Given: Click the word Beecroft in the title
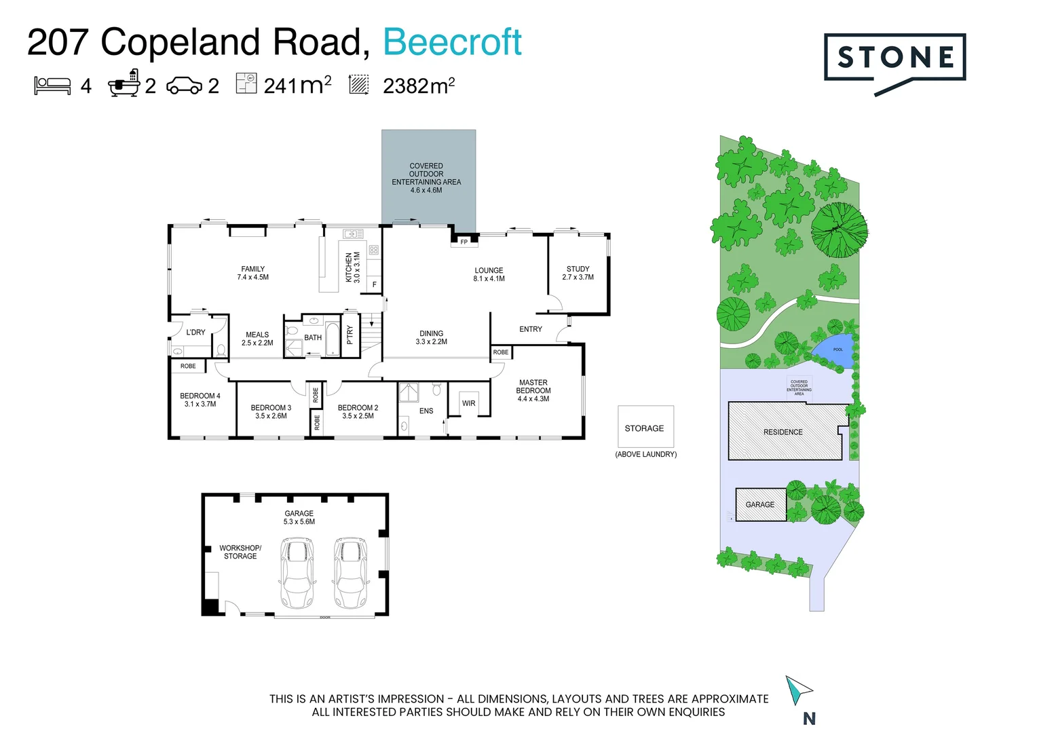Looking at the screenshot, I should [x=452, y=42].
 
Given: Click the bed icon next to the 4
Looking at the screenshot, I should [x=52, y=86].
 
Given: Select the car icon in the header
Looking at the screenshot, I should [x=184, y=86].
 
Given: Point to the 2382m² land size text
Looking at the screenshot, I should [x=418, y=86].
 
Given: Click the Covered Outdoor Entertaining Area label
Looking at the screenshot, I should [x=426, y=178].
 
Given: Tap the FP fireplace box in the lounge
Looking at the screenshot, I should [x=464, y=242].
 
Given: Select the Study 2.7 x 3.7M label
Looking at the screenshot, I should [x=578, y=273].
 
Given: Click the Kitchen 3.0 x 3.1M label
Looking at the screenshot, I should [x=353, y=267].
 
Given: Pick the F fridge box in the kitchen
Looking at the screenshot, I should [x=374, y=284].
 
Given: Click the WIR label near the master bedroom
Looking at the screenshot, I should [x=469, y=403].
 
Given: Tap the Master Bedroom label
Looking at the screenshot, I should [x=533, y=390].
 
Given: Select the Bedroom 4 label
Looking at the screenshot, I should [x=200, y=400].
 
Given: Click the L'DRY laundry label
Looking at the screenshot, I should [x=195, y=333].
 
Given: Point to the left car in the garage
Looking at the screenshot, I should [x=297, y=573].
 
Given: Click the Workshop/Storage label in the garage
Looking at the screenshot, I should [x=240, y=552].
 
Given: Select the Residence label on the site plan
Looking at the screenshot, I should [x=783, y=432].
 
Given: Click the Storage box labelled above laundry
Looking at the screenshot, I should [x=645, y=428].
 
